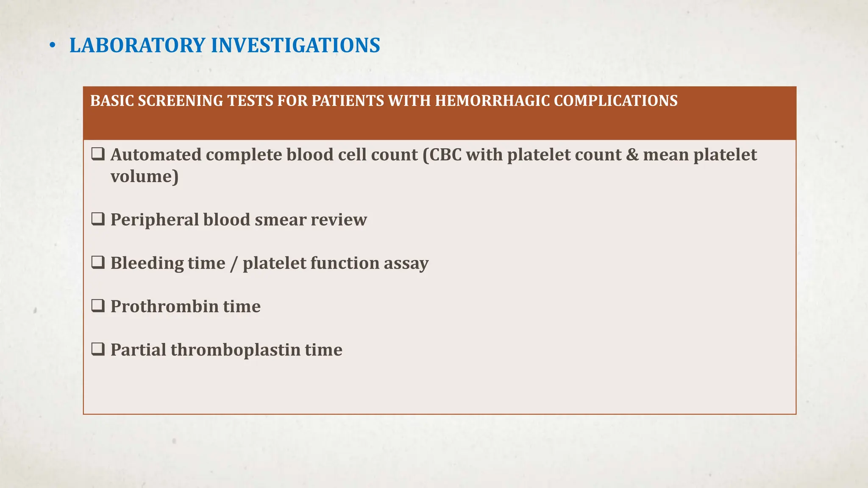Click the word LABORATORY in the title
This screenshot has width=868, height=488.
[137, 45]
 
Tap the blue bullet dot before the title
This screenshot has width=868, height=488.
[52, 46]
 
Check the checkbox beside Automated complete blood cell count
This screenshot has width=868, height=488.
[98, 154]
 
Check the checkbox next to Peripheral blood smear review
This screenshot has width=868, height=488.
[98, 219]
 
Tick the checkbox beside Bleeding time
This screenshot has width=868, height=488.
[98, 263]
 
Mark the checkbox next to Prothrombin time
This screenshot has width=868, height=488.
[98, 306]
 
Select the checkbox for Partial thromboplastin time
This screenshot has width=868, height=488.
[98, 349]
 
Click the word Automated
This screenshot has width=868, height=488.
[156, 155]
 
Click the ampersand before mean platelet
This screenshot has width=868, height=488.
[632, 155]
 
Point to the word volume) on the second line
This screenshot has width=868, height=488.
[145, 177]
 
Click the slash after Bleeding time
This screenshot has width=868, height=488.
[234, 263]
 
